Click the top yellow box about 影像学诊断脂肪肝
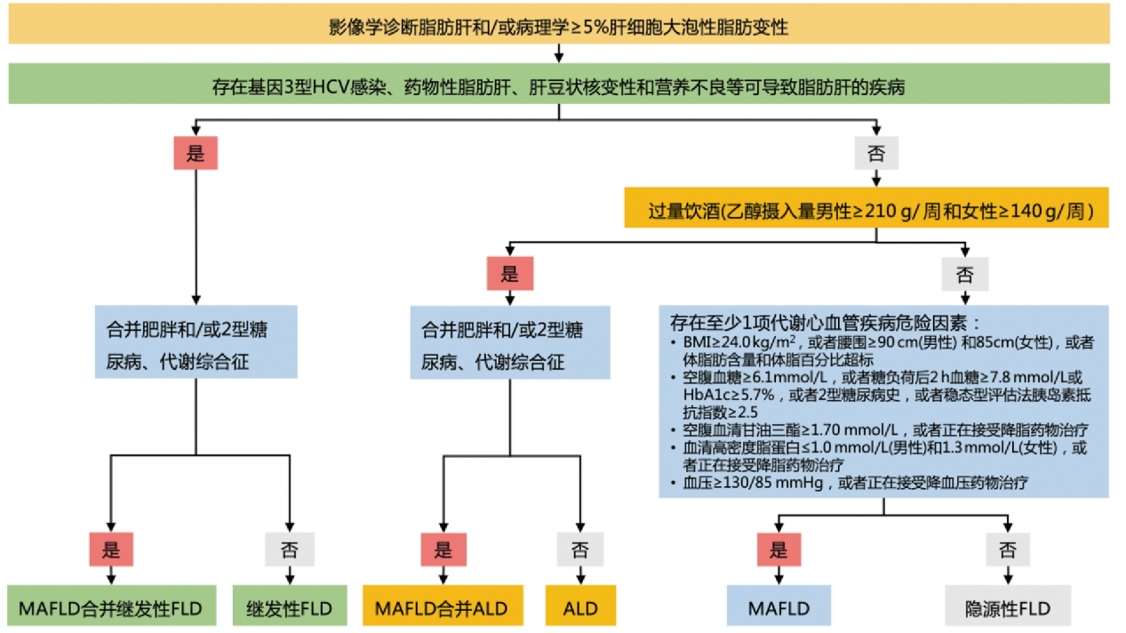tap(558, 27)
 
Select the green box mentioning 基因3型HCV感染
tap(558, 87)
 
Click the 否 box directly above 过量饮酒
tap(875, 154)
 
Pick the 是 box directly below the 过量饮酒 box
tap(509, 274)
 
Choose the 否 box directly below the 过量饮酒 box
tap(964, 274)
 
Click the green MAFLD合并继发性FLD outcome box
tap(111, 608)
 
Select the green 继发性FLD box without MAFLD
tap(289, 608)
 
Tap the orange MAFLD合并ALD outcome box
tap(443, 608)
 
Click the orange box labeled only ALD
tap(580, 608)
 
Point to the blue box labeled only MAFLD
tap(779, 608)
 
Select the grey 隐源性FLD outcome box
tap(1007, 608)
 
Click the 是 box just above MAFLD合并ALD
tap(443, 549)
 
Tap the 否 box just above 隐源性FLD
tap(1007, 549)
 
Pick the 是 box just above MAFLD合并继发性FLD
tap(111, 549)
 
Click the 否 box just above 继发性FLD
tap(289, 549)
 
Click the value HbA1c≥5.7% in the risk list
tap(723, 395)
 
